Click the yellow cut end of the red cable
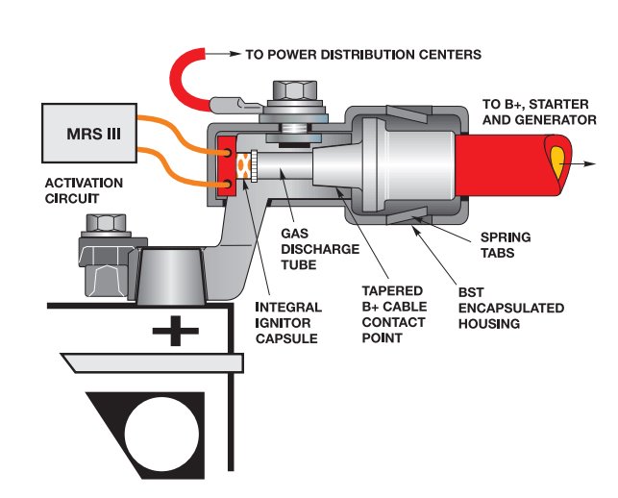pyautogui.click(x=558, y=159)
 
